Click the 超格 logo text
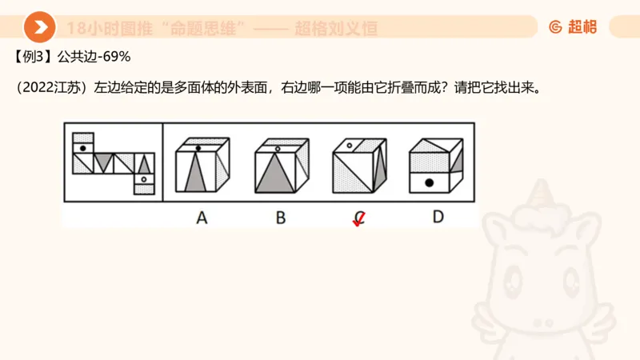click(x=582, y=27)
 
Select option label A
click(x=202, y=217)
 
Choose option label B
click(x=280, y=217)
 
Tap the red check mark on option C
click(x=360, y=219)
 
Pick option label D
click(x=438, y=216)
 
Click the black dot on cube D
click(x=430, y=183)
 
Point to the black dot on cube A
click(x=198, y=148)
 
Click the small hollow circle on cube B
click(x=277, y=148)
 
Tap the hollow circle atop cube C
click(x=350, y=146)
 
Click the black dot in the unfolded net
click(x=82, y=138)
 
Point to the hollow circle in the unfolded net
click(x=143, y=180)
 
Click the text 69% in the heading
click(x=116, y=57)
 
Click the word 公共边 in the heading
click(x=74, y=57)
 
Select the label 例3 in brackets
click(x=34, y=57)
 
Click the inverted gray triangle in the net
click(x=102, y=162)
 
